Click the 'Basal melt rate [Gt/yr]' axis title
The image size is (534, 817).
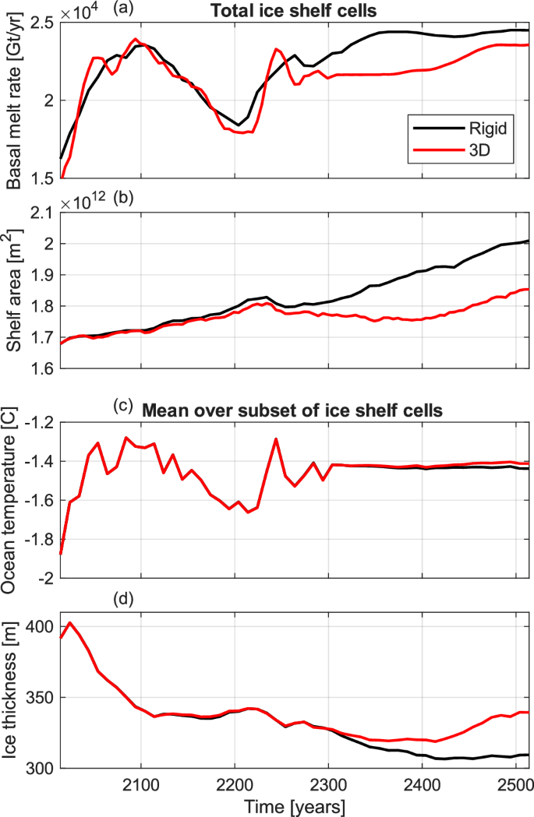[x=16, y=101]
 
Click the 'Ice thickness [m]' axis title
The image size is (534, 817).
[x=16, y=696]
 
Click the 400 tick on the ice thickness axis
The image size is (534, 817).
[x=43, y=626]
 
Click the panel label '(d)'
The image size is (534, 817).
[x=122, y=599]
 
